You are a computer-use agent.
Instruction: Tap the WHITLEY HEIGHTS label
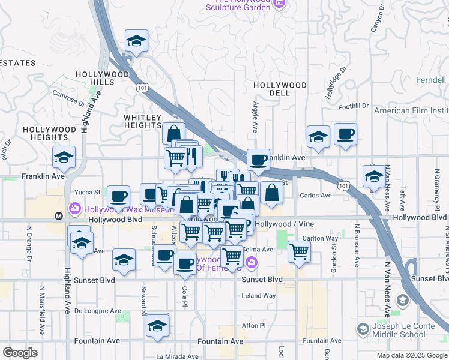point(143,121)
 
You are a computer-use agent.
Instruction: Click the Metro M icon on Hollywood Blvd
point(59,216)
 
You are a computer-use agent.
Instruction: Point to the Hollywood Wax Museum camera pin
point(75,209)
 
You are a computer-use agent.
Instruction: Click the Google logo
point(20,352)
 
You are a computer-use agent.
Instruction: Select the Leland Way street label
point(258,296)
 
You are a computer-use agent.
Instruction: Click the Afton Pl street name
point(253,325)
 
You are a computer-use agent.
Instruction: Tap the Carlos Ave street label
point(316,196)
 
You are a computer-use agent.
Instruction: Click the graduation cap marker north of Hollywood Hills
point(136,41)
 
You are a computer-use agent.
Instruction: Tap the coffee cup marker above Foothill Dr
point(345,134)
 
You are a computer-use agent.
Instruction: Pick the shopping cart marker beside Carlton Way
point(298,252)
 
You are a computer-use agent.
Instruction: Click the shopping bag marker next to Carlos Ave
point(272,193)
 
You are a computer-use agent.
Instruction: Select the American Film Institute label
point(411,111)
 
